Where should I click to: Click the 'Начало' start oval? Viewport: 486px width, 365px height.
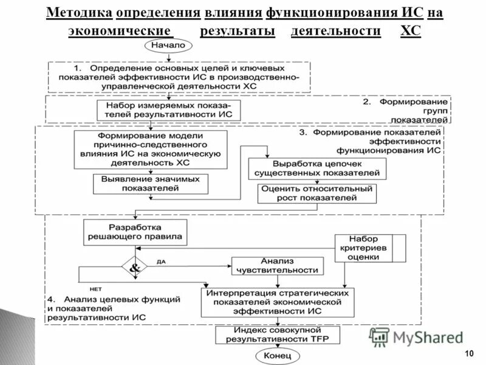168,46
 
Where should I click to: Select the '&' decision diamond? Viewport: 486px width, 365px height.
135,267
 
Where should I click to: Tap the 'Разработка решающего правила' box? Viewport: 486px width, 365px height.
135,232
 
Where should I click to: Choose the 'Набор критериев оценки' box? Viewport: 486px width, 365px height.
363,248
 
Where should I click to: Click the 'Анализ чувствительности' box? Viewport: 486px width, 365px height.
277,265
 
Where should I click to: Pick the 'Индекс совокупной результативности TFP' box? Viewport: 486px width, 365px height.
278,335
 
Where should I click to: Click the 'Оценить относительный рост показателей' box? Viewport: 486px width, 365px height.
317,193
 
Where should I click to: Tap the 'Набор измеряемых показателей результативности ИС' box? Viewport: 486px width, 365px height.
168,111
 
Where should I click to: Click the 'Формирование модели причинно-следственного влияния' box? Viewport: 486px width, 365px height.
149,150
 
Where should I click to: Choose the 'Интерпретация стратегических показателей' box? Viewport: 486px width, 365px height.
278,302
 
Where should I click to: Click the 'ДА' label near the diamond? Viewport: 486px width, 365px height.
161,262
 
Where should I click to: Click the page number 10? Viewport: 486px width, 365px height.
468,354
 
